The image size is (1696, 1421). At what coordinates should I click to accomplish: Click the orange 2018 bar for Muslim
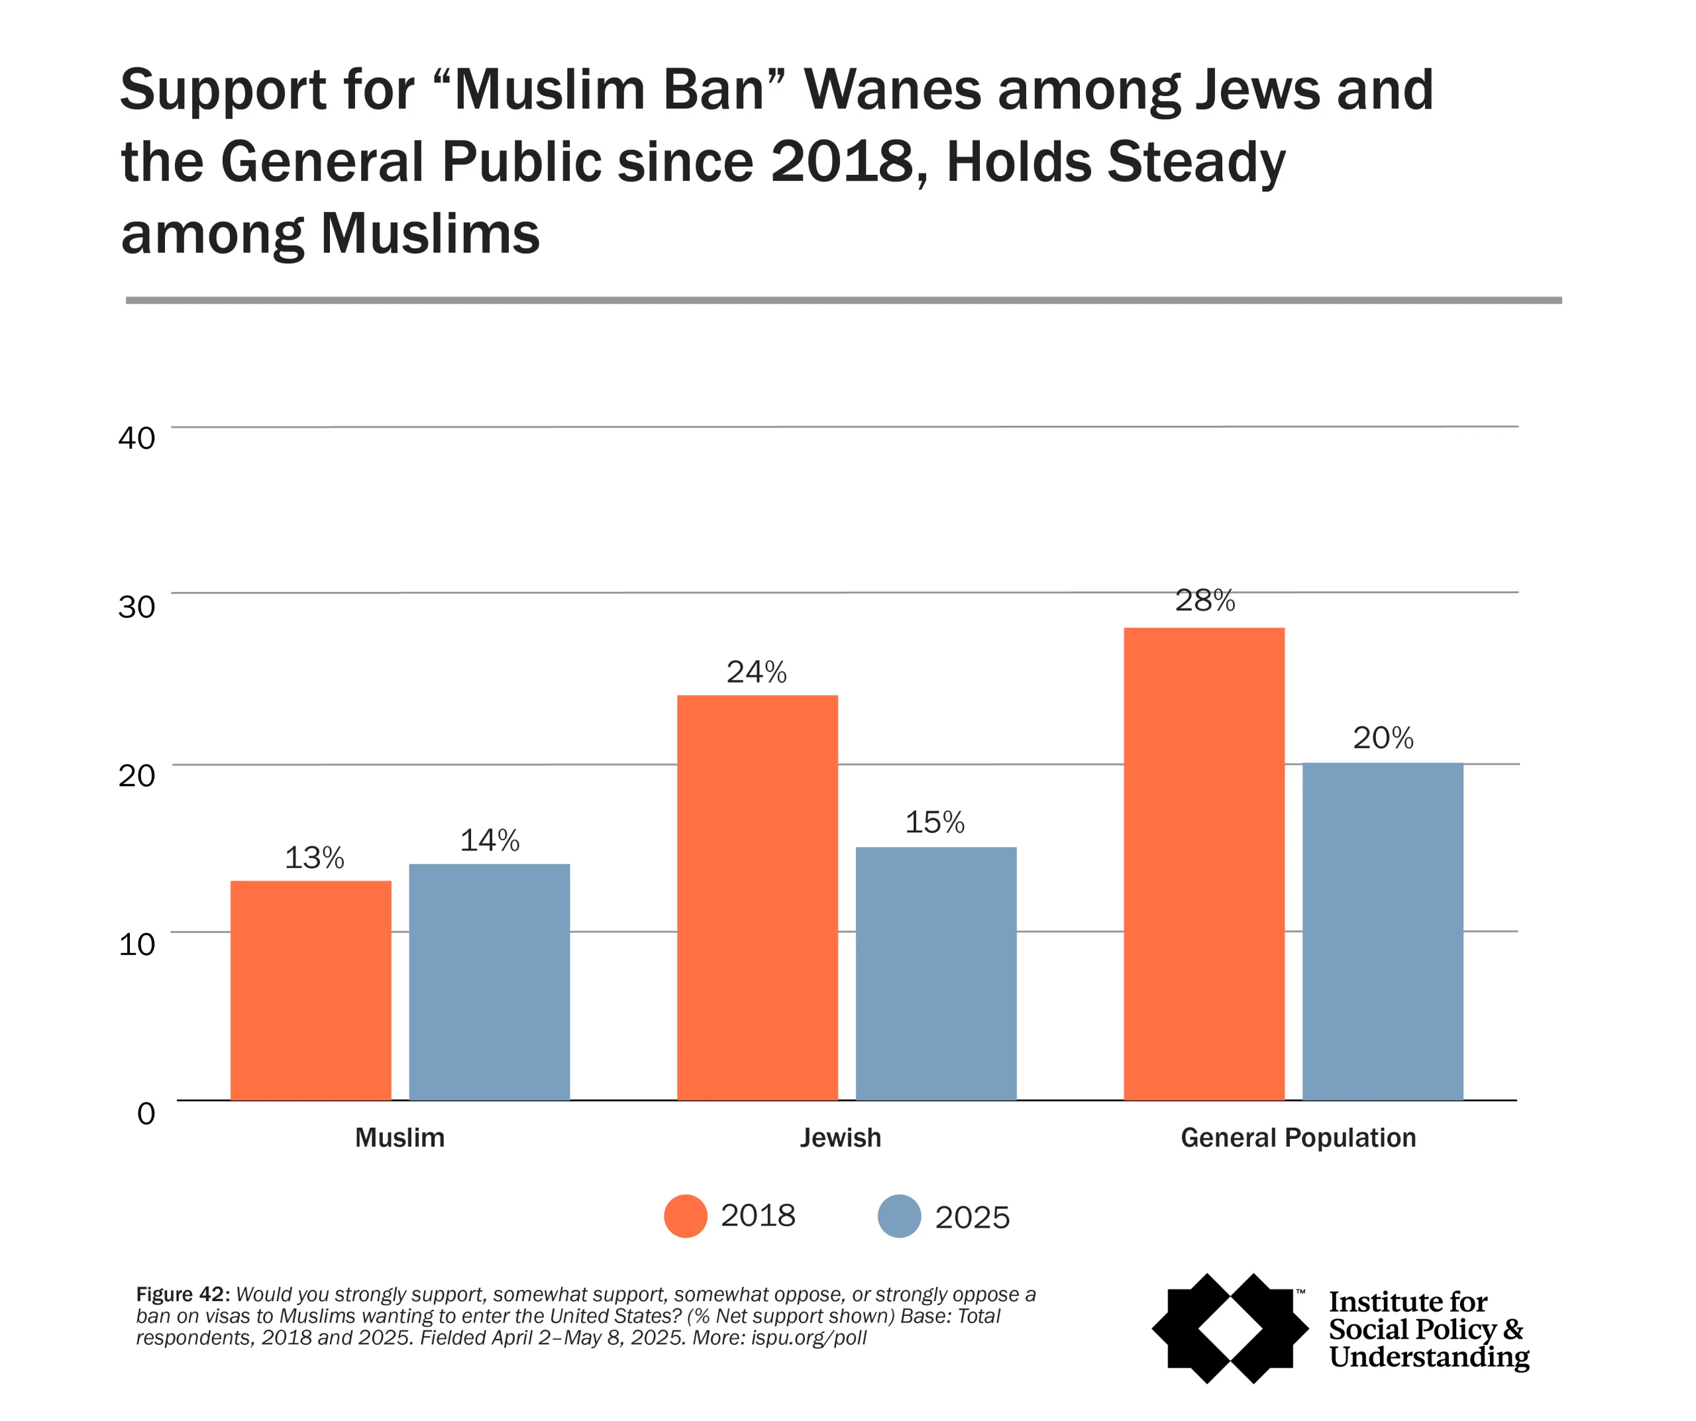pos(311,991)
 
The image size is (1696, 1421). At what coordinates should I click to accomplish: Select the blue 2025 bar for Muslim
pos(490,983)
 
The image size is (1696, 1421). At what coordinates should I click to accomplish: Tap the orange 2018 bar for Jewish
pos(757,898)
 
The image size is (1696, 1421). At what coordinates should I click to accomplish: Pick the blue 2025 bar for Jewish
pos(936,973)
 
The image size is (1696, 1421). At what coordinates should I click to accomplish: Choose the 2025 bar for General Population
pos(1383,932)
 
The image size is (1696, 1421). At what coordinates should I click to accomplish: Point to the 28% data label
pos(1205,601)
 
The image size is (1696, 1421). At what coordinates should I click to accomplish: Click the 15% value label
pos(934,822)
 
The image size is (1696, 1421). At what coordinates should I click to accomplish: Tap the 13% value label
pos(314,857)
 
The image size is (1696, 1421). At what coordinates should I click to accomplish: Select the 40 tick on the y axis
pos(136,438)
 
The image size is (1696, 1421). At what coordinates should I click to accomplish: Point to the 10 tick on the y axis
pos(136,944)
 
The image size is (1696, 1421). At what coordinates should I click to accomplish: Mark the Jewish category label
pos(840,1138)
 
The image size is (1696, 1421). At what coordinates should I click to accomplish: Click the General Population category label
pos(1298,1138)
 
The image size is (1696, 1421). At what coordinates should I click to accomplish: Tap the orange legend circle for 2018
pos(686,1216)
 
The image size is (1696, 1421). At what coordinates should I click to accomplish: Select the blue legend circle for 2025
pos(900,1216)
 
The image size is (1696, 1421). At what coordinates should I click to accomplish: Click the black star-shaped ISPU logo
pos(1230,1328)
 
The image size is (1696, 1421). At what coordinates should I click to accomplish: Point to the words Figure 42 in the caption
pos(183,1295)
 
